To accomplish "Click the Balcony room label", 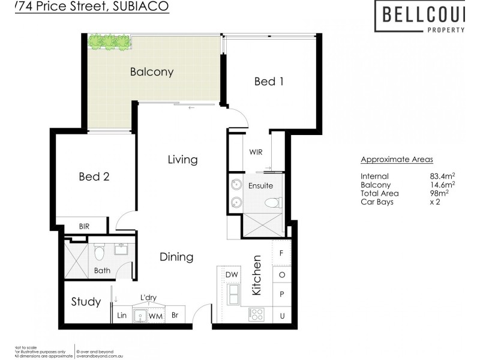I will tap(152, 72).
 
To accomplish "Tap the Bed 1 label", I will tap(268, 81).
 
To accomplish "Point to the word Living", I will tap(182, 160).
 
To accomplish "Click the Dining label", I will tap(176, 257).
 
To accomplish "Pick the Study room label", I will tap(86, 301).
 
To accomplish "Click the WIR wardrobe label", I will tap(256, 152).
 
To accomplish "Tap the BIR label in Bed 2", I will tap(85, 226).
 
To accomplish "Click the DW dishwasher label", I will tap(232, 275).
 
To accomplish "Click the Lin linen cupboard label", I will tap(121, 315).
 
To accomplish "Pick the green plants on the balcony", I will tap(109, 41).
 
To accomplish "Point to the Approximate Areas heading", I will tap(397, 160).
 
